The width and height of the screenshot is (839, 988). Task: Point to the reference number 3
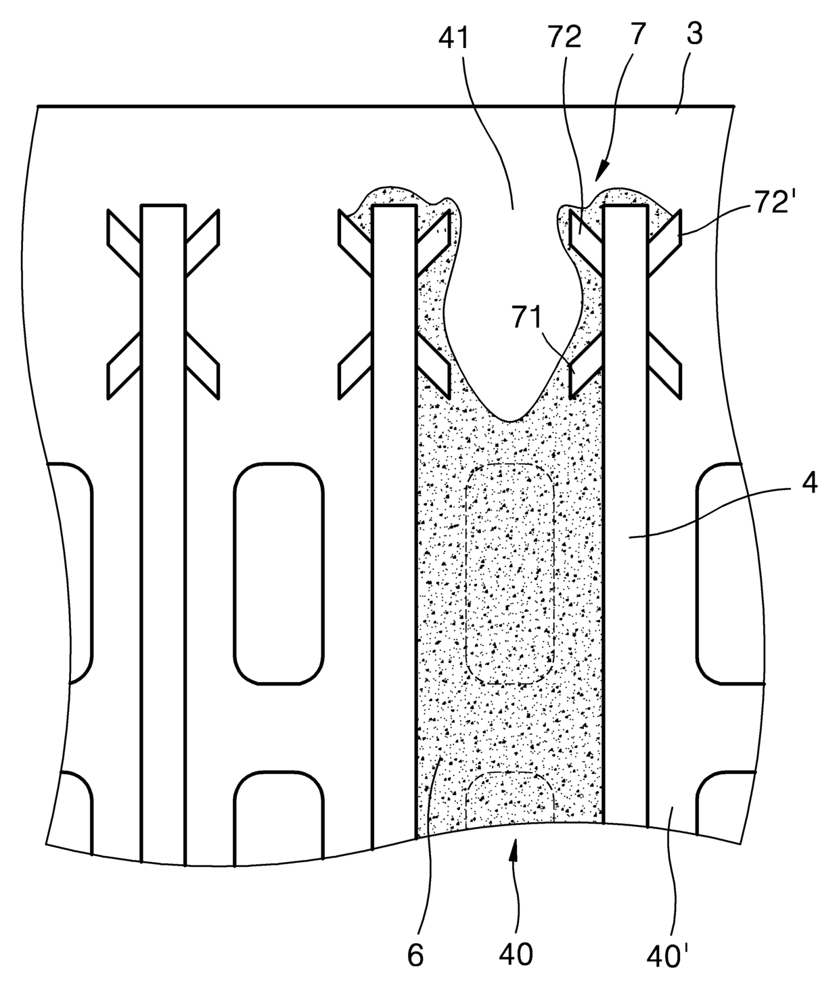coord(694,34)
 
